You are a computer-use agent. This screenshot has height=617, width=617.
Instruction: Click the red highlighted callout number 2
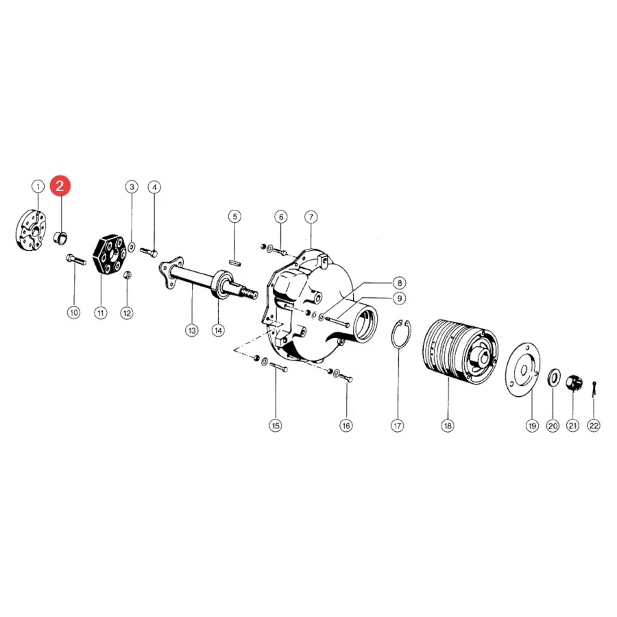(x=60, y=185)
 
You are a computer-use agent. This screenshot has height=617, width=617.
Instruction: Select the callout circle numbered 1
(x=38, y=186)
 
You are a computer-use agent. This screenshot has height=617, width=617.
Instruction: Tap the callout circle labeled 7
(x=311, y=217)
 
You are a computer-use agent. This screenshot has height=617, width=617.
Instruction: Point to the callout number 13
(x=192, y=330)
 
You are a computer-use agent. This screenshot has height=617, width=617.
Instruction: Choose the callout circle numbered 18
(x=448, y=425)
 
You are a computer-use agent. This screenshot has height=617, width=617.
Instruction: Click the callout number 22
(x=594, y=425)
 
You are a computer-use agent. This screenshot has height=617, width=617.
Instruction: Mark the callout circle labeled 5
(x=235, y=217)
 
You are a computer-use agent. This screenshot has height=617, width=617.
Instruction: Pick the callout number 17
(x=398, y=425)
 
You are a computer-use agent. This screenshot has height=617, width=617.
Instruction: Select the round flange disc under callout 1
(x=32, y=230)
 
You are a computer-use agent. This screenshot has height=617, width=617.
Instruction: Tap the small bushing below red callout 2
(x=60, y=238)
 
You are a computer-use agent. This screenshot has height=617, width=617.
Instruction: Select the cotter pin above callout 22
(x=594, y=389)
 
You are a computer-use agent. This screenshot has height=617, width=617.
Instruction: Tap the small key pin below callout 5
(x=235, y=262)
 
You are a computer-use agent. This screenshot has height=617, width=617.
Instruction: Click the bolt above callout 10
(x=76, y=259)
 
